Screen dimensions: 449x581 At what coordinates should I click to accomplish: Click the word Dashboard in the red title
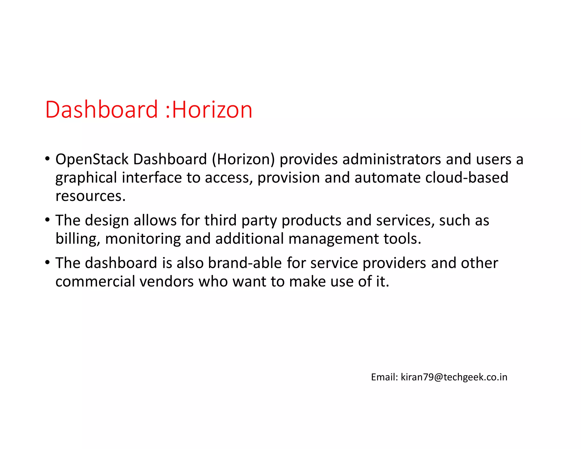point(101,110)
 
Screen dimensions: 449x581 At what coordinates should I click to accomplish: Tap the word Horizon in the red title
point(212,110)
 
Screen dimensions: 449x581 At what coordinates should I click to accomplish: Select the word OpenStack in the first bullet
point(92,159)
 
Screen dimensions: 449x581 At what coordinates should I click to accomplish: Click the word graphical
point(86,178)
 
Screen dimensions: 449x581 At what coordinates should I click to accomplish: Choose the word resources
point(90,196)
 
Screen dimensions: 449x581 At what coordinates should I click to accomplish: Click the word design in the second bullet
point(107,221)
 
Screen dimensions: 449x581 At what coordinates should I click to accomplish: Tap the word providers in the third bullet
point(394,263)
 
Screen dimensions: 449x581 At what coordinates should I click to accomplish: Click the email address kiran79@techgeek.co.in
point(454,377)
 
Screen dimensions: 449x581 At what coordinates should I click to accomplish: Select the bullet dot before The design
point(47,220)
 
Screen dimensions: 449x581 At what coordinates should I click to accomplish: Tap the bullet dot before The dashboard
point(47,262)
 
